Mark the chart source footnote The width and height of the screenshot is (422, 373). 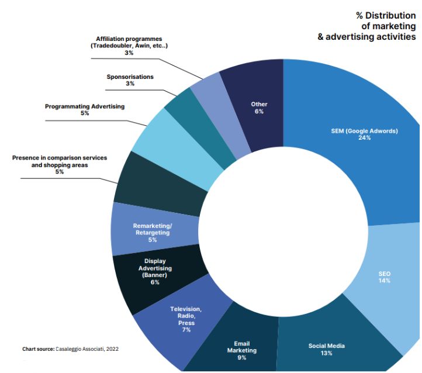(x=70, y=349)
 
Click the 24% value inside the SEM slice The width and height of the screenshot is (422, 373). (x=364, y=138)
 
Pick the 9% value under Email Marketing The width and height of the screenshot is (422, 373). (x=241, y=357)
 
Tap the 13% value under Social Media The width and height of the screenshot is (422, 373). (x=326, y=353)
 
